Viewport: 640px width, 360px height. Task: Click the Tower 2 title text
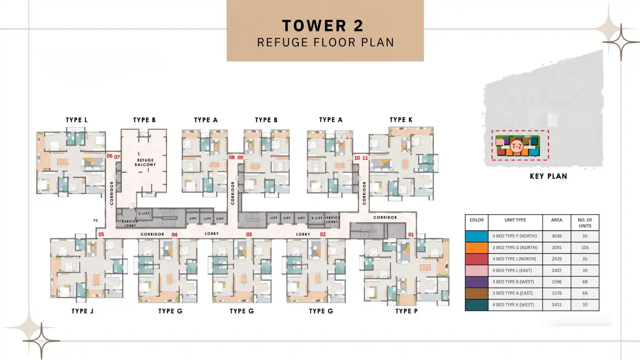coord(323,26)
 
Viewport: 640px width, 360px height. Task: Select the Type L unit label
coord(76,120)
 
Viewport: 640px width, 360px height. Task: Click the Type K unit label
coord(401,120)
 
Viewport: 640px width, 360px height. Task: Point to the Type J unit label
coord(82,311)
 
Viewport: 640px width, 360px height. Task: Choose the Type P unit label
coord(406,311)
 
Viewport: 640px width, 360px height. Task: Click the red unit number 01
coord(411,234)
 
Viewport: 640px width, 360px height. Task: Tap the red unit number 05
coord(101,234)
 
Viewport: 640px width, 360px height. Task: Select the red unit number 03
coord(249,234)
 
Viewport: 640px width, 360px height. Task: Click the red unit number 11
coord(365,157)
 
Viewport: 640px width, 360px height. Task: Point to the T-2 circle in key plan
coord(516,146)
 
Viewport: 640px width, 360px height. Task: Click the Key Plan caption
coord(548,176)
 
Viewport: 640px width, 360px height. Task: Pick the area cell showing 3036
coord(556,236)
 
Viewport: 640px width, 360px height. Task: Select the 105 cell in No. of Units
coord(585,248)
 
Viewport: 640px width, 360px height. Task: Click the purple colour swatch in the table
coord(476,282)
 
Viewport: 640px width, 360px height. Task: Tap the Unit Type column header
coord(515,220)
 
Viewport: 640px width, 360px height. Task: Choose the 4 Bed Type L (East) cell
coord(515,270)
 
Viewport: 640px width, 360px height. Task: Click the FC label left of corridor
coord(96,220)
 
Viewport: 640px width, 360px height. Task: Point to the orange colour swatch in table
coord(476,248)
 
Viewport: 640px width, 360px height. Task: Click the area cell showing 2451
coord(556,305)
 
